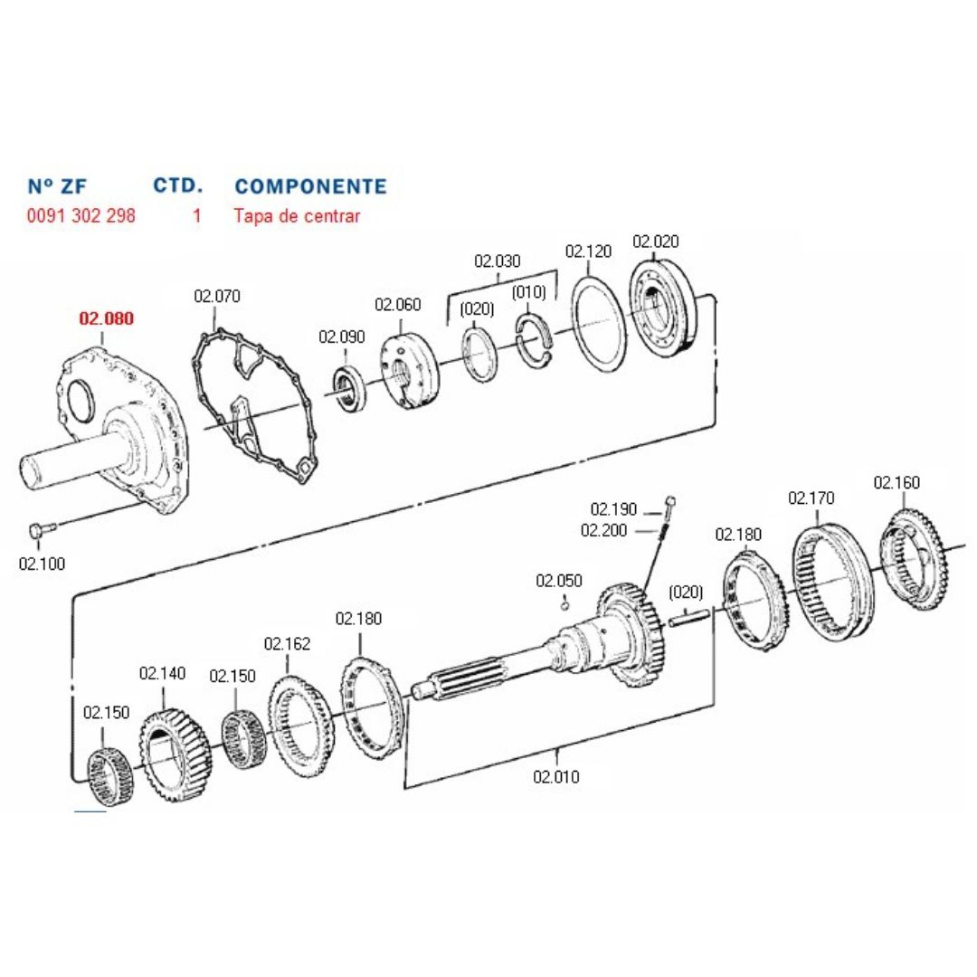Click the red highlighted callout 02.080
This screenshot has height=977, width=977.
tap(106, 318)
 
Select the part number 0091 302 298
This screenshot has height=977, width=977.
tap(81, 215)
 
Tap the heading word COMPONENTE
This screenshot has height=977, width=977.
tap(310, 186)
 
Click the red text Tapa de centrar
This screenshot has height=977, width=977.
tap(297, 216)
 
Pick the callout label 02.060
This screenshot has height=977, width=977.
tap(397, 305)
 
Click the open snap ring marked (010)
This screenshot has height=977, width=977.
tap(535, 341)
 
